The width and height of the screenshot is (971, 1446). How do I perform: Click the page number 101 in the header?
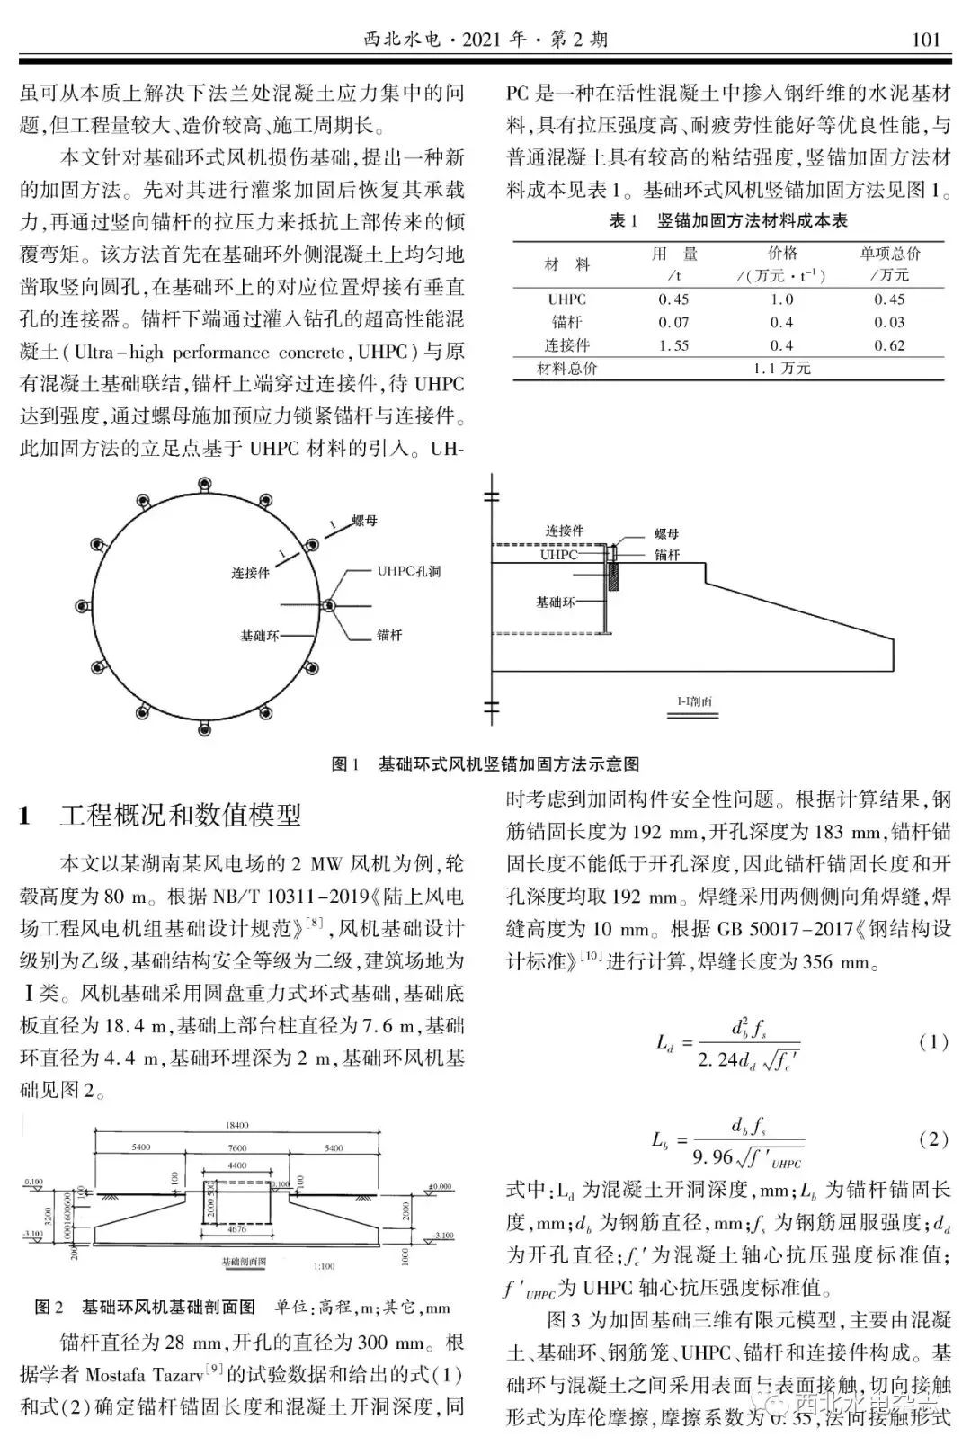coord(925,39)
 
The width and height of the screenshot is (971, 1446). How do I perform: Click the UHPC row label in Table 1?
coord(566,299)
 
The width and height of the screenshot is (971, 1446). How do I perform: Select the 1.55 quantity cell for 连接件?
coord(673,345)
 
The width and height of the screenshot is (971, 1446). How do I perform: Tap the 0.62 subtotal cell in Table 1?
coord(889,345)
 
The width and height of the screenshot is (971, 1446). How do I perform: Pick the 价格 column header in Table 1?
coord(782,254)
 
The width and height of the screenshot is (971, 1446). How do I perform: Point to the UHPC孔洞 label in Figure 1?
coord(408,571)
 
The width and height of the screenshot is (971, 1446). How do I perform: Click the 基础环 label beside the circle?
coord(259,635)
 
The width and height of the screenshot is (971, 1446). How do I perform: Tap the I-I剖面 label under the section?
coord(694,701)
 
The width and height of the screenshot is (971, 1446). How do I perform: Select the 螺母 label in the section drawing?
coord(666,533)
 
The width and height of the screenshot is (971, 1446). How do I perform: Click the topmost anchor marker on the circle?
coord(205,487)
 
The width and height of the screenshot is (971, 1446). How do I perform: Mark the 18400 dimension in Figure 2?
coord(237,1125)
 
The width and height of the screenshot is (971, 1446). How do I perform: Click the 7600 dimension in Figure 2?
coord(237,1148)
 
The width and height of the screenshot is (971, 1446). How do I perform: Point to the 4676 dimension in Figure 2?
coord(236,1229)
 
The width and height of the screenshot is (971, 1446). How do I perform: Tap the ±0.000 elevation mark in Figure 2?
coord(441,1187)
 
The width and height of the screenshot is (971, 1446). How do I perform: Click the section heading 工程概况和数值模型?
coord(180,816)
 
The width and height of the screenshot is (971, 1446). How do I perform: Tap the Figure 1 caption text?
coord(485,764)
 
